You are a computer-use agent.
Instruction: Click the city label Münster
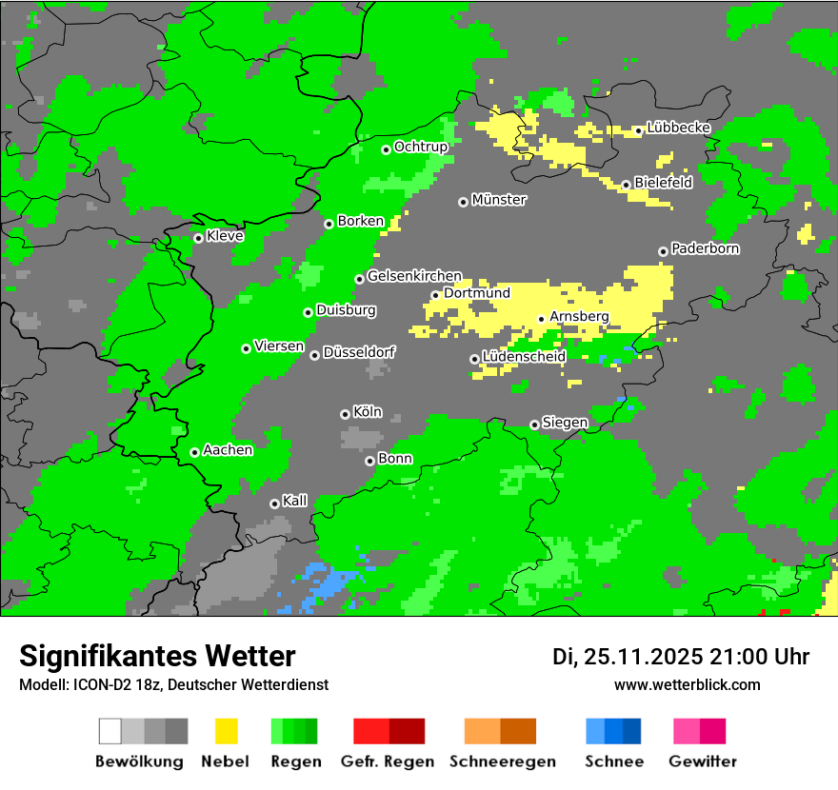coord(499,200)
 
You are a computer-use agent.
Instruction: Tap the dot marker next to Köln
coord(345,414)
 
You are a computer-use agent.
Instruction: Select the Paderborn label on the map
coord(706,248)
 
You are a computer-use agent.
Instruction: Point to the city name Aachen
coord(228,449)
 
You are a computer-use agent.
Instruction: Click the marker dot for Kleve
coord(198,238)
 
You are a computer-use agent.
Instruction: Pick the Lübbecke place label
coord(679,128)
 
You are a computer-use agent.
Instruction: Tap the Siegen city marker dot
coord(534,425)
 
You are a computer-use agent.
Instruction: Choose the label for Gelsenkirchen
coord(414,276)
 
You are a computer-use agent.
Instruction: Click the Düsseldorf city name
coord(359,352)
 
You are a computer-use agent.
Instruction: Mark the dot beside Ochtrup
coord(386,149)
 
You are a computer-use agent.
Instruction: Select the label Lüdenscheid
coord(525,357)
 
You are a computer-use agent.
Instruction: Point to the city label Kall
coord(295,501)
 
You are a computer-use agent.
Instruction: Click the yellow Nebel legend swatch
coord(226,731)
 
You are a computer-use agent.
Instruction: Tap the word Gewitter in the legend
coord(703,761)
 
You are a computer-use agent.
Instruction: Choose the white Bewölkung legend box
coord(110,731)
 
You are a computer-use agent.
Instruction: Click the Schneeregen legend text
coord(503,761)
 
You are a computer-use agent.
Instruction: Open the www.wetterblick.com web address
coord(687,684)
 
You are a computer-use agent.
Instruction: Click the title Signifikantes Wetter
coord(157,656)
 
